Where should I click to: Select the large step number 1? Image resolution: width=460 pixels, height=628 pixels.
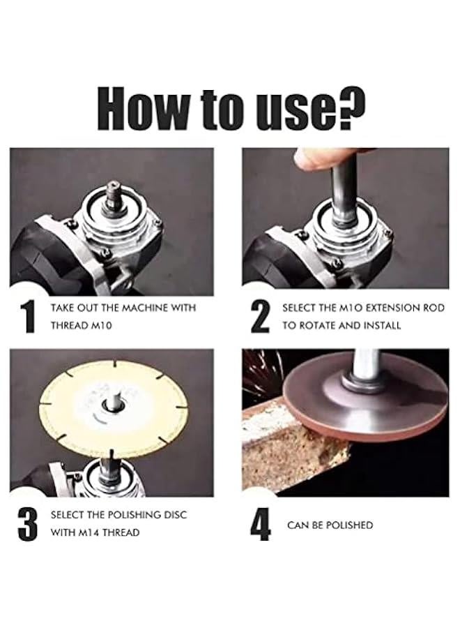[x=28, y=317]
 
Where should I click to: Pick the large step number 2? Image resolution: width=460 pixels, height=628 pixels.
[x=260, y=317]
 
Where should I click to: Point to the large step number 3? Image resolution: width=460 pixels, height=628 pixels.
[x=28, y=525]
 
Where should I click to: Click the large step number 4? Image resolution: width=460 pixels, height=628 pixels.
[x=261, y=525]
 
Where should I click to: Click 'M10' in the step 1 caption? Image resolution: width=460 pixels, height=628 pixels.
[x=102, y=326]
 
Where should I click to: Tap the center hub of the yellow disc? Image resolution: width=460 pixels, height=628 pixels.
[x=112, y=405]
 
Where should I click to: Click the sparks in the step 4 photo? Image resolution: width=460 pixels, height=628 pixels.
[x=262, y=373]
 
